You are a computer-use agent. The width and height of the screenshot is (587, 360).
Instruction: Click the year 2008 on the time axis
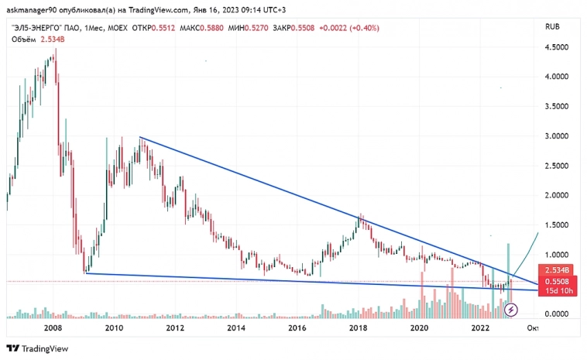53,328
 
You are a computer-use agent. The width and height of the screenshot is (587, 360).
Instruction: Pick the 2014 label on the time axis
236,328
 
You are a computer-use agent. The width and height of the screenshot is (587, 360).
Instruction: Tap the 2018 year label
358,328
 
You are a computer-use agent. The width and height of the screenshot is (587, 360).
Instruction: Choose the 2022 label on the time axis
480,328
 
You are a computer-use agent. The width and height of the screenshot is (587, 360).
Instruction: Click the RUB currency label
553,26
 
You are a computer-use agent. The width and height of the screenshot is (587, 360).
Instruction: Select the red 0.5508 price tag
558,281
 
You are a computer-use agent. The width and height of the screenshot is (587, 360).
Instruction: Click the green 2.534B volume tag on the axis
558,270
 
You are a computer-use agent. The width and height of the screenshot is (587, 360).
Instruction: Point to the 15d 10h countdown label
558,291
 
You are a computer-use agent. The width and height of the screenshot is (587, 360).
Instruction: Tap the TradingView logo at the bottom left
39,348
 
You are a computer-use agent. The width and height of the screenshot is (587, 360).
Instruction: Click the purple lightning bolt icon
510,310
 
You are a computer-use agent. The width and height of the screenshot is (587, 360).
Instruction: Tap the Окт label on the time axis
532,328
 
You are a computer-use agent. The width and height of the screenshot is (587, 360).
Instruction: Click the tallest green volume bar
509,279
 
